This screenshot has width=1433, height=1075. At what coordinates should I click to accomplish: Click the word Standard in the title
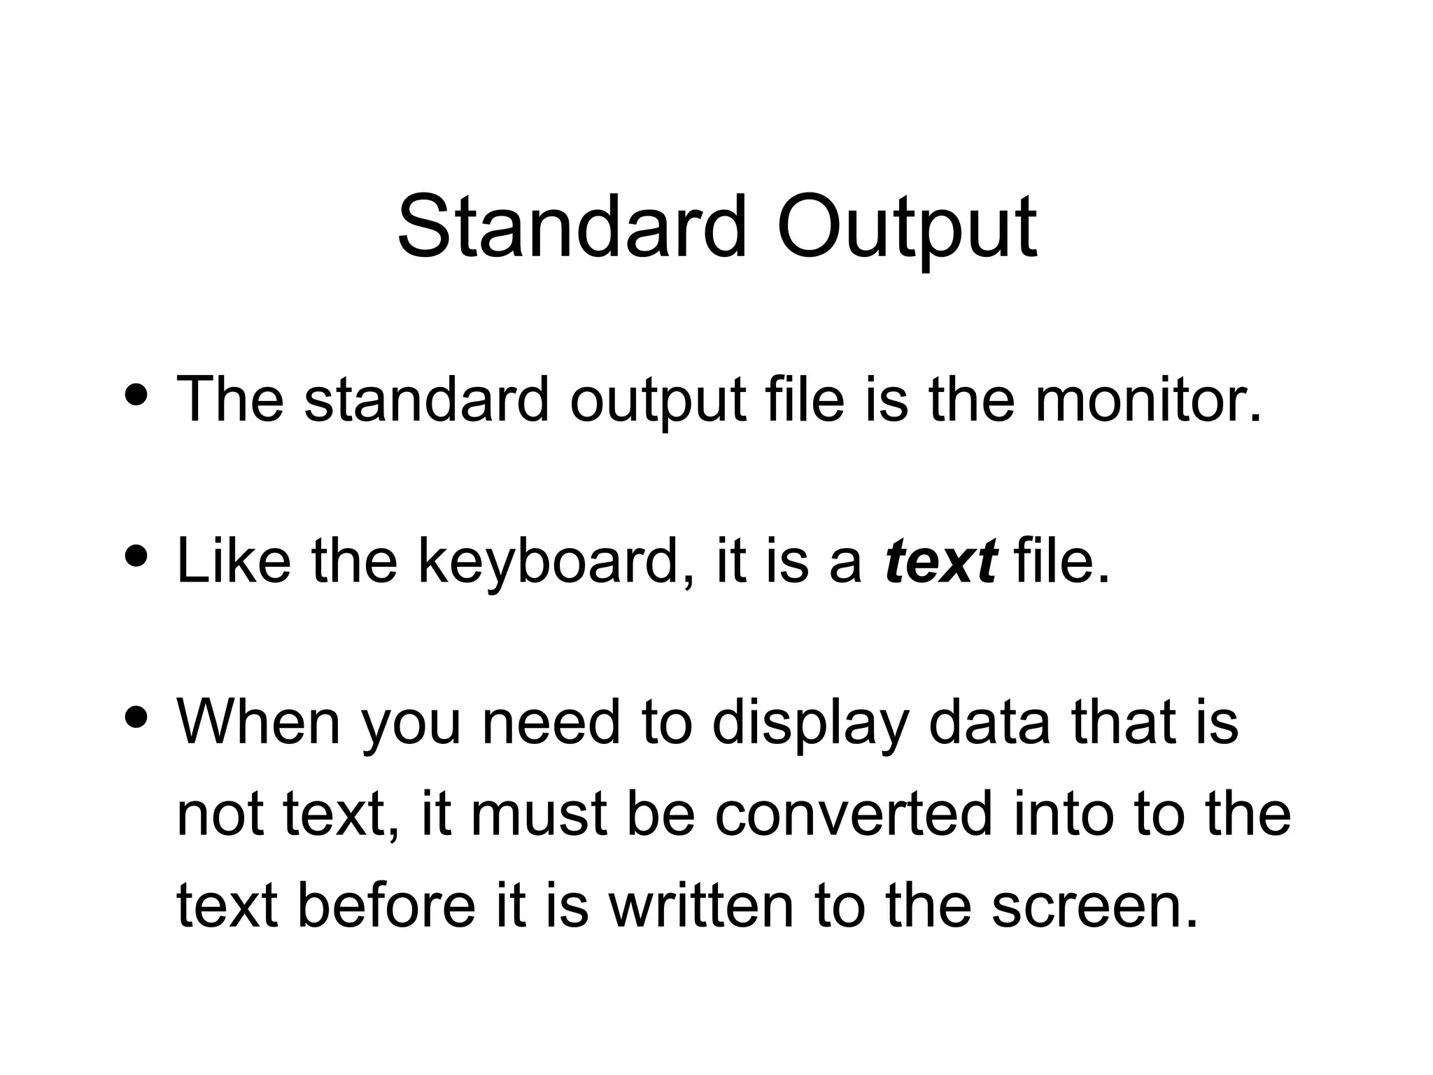(x=571, y=228)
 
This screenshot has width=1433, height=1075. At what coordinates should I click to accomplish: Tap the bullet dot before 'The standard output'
(x=134, y=394)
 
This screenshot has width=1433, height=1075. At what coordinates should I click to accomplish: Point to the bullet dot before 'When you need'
(x=134, y=717)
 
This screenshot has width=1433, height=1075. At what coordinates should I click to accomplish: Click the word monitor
(x=1148, y=399)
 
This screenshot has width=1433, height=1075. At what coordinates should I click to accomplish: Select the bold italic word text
(x=940, y=561)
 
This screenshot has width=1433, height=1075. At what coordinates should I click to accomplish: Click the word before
(x=387, y=904)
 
